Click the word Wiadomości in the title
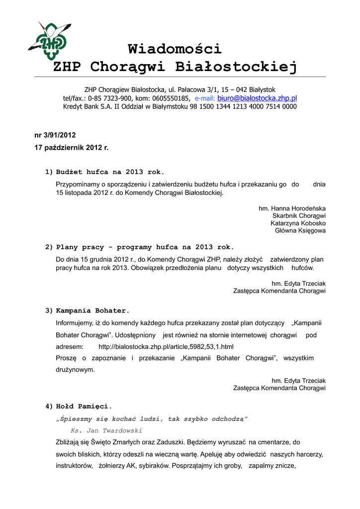175,49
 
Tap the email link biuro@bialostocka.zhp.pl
257,98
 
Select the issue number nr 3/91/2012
55,135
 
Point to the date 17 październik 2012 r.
71,148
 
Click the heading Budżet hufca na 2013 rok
110,172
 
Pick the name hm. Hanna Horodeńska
292,208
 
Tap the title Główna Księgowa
300,231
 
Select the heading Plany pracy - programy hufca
145,247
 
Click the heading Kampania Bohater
92,311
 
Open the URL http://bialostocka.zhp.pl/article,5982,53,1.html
166,346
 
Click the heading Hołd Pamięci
84,406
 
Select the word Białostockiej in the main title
236,67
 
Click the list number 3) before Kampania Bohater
49,311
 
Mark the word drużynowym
75,370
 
